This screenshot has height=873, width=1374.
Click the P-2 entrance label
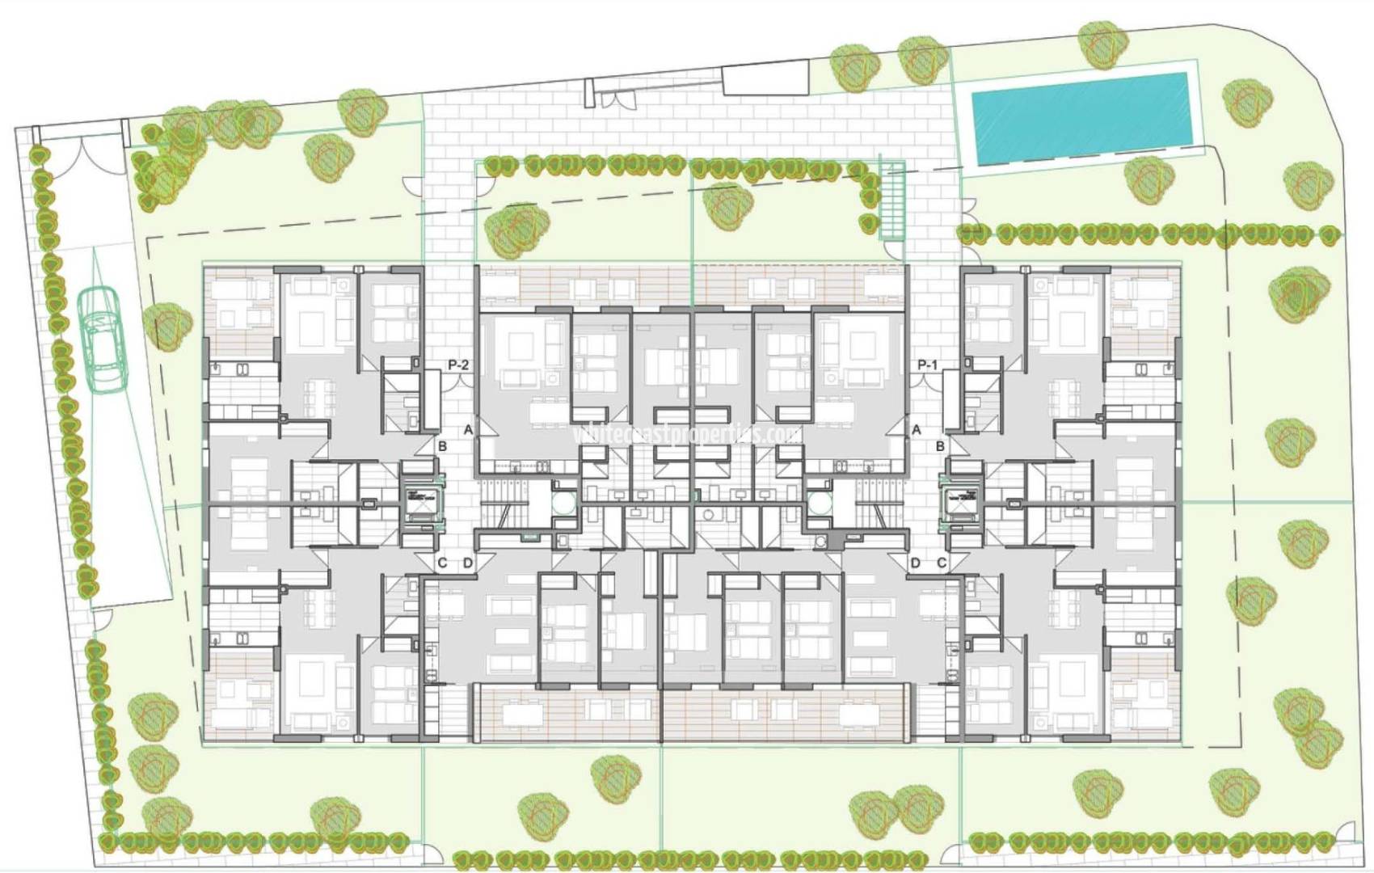pos(458,365)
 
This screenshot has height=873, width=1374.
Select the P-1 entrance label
pos(928,365)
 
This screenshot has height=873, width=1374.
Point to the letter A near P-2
pos(468,431)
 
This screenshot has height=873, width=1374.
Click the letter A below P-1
pos(916,430)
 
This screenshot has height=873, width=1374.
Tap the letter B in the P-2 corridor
pos(442,446)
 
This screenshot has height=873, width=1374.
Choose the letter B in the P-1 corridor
pos(940,446)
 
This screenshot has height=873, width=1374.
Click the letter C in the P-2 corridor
pos(442,563)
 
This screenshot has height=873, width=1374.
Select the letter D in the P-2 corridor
pos(467,563)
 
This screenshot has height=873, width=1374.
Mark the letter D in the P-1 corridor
pos(916,563)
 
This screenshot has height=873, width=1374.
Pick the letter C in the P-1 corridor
pos(942,563)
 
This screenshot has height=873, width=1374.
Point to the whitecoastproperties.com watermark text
pos(687,434)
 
